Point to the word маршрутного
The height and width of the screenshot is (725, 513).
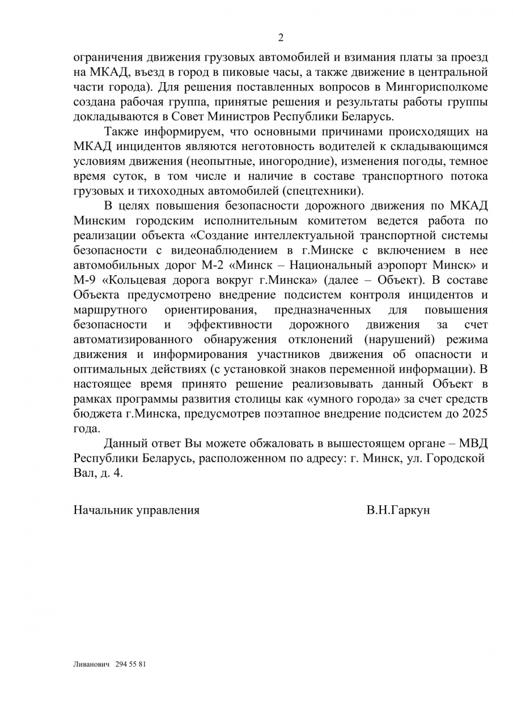pos(111,309)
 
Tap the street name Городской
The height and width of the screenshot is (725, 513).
pos(450,458)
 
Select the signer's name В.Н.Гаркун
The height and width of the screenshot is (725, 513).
pos(398,510)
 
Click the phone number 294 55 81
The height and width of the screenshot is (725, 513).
pos(130,664)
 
